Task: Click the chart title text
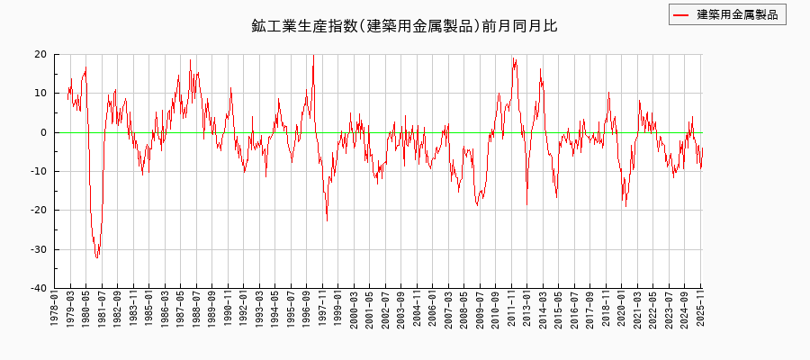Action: tap(404, 26)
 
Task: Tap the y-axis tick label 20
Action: tap(40, 54)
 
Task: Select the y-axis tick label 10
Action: tap(40, 94)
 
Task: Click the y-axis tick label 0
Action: tap(43, 132)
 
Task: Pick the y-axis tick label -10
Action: tap(37, 171)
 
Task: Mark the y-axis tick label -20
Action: tap(37, 211)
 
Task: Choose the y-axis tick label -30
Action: tap(37, 249)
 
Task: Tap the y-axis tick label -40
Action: tap(37, 288)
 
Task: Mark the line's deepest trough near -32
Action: tap(97, 258)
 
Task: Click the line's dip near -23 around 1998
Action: tap(327, 220)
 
